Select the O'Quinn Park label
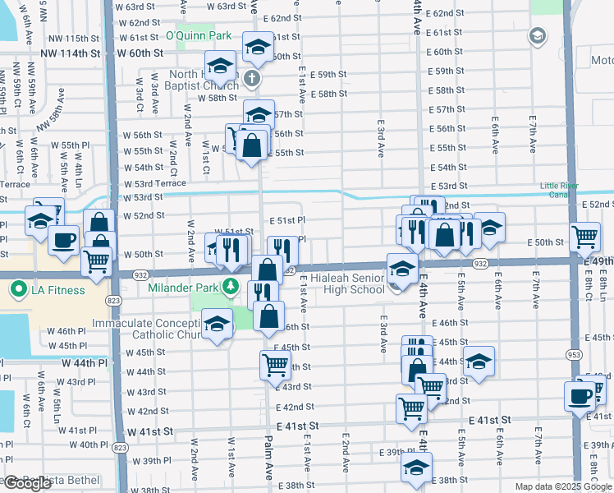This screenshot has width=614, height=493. (194, 35)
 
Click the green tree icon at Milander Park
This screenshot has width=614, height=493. (231, 287)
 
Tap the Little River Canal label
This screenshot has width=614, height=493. (566, 191)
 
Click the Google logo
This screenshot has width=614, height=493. (27, 483)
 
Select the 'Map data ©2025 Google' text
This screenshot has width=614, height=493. (563, 486)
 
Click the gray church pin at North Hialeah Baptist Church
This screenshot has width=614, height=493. (252, 80)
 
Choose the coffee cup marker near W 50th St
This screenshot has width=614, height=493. (63, 240)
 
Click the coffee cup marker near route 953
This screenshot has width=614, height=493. (580, 395)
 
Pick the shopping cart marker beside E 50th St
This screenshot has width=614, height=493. (584, 237)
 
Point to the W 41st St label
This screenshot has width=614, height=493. (149, 431)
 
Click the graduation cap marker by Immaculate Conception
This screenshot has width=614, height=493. (217, 325)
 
